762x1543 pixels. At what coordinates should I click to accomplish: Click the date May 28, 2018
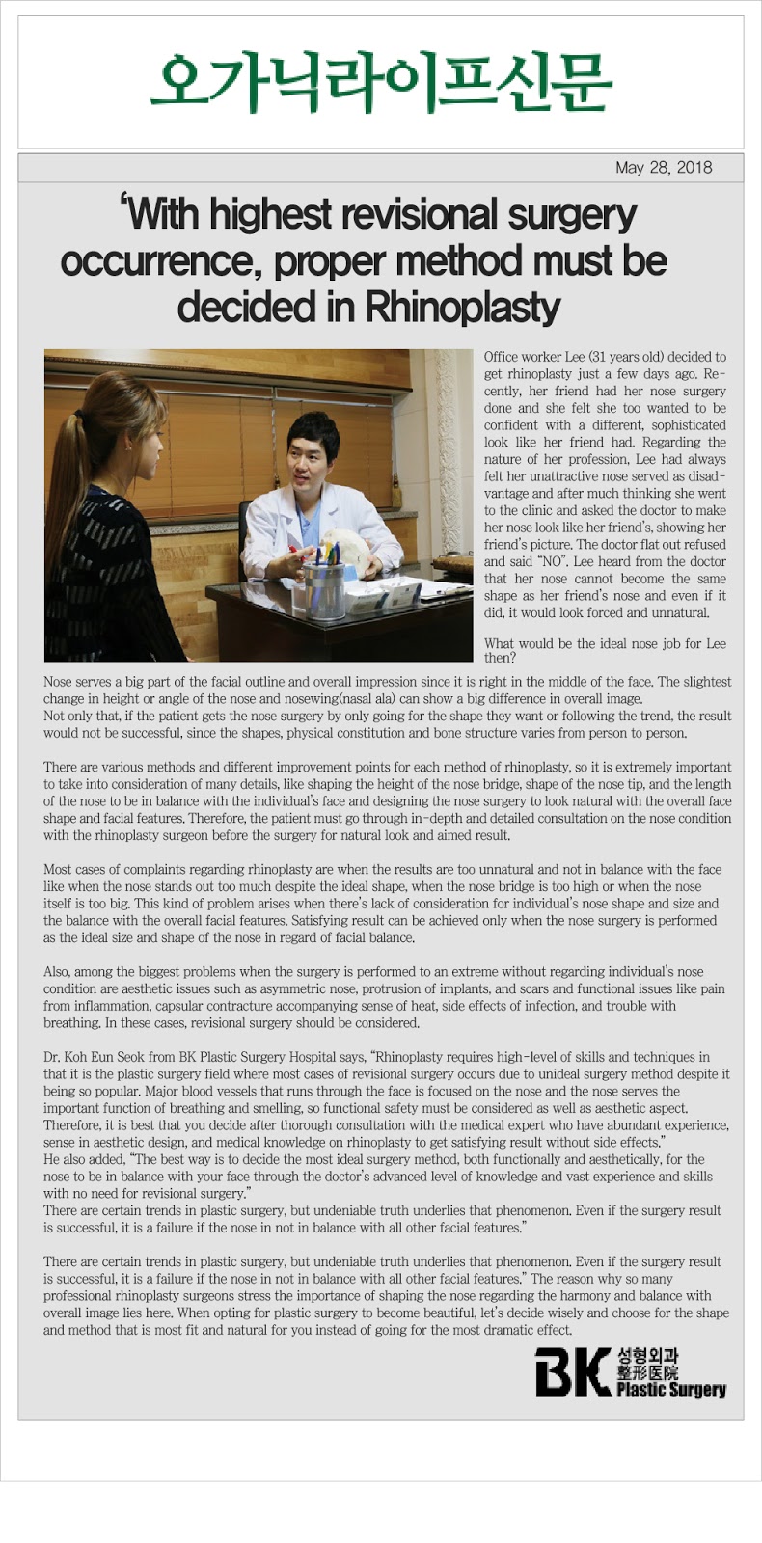coord(664,168)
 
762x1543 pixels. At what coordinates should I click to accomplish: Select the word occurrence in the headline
coord(155,261)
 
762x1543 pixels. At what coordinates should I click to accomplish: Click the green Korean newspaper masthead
coord(381,84)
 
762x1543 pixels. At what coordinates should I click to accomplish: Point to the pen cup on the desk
coord(323,587)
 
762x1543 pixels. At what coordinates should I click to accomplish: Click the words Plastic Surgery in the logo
coord(671,1390)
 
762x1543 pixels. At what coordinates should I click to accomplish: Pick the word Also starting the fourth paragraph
coord(57,972)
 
